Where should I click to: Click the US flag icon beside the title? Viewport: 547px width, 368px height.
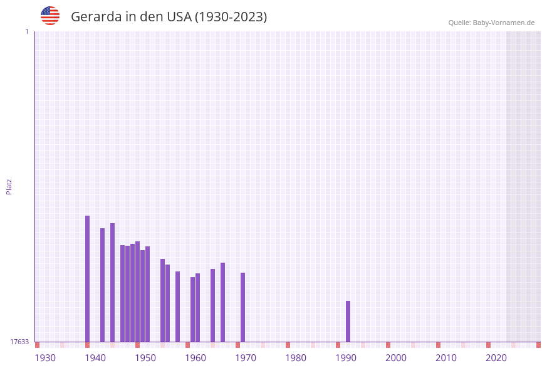pos(50,16)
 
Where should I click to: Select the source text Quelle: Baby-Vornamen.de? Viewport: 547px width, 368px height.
pos(491,23)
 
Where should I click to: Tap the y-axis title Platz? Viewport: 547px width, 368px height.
pos(9,186)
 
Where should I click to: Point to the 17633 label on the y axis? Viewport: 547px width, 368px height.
pos(19,342)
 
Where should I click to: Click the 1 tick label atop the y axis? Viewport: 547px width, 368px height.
pos(26,31)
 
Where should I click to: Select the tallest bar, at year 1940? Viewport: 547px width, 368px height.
pos(87,279)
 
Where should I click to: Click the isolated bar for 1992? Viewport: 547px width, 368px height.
pos(348,321)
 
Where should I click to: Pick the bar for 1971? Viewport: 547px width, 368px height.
pos(242,307)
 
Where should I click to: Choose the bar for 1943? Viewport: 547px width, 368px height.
pos(102,285)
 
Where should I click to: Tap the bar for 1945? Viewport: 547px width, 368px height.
pos(112,282)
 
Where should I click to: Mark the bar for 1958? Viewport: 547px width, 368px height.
pos(177,307)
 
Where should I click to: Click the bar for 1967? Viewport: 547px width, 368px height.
pos(222,302)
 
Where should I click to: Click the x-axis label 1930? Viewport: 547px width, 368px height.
pos(45,358)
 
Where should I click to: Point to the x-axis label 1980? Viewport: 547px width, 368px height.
pos(296,358)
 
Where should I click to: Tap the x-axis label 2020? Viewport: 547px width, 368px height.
pos(496,358)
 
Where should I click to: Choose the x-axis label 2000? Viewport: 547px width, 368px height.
pos(396,358)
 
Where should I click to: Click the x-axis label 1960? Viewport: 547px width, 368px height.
pos(195,358)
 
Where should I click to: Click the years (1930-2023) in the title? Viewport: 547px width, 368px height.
pos(231,17)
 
